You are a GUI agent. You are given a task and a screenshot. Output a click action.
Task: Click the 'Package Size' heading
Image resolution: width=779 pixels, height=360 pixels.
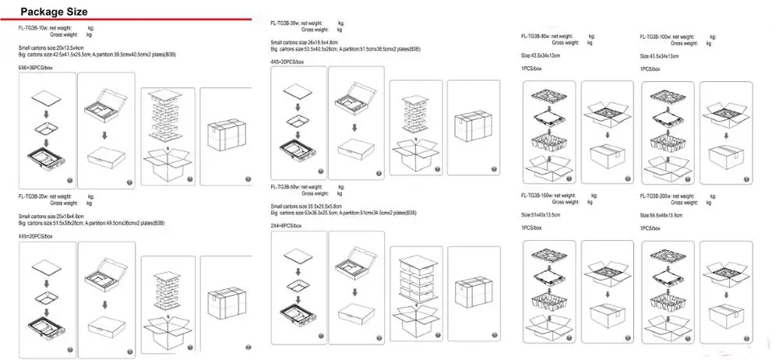[54, 12]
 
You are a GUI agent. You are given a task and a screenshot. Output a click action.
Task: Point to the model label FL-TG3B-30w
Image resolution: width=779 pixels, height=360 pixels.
[285, 23]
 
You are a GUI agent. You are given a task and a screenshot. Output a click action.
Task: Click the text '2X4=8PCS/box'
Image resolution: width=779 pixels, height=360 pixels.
[286, 225]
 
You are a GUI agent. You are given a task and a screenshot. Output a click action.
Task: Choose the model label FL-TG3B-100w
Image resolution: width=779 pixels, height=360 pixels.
[656, 37]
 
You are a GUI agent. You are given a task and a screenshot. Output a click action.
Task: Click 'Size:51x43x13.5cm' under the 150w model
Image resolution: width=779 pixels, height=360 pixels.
[541, 214]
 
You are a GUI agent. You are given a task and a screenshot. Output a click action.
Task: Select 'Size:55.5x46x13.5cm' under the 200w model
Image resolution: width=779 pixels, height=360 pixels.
[661, 214]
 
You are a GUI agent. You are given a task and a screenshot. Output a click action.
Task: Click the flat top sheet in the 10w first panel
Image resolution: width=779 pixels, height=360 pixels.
[44, 98]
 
